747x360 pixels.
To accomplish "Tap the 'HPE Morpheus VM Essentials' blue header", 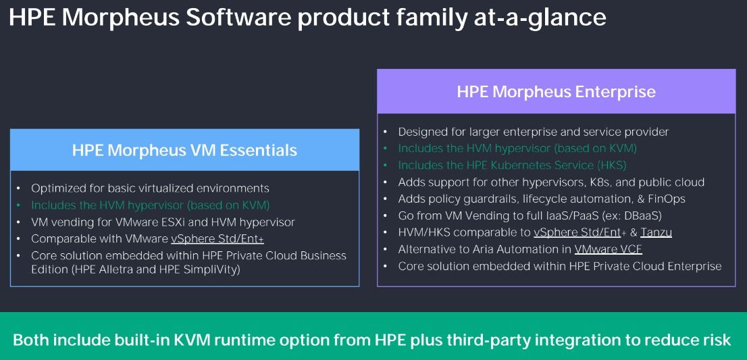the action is coord(184,150).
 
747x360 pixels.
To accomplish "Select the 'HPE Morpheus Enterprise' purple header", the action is coord(556,91).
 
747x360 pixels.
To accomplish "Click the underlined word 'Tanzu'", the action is coord(656,232).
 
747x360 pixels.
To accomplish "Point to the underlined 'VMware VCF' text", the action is coord(609,249).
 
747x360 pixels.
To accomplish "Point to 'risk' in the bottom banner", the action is coord(717,340).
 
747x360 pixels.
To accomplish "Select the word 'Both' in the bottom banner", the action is coord(30,340).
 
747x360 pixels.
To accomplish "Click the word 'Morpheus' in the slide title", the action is coord(120,18).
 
